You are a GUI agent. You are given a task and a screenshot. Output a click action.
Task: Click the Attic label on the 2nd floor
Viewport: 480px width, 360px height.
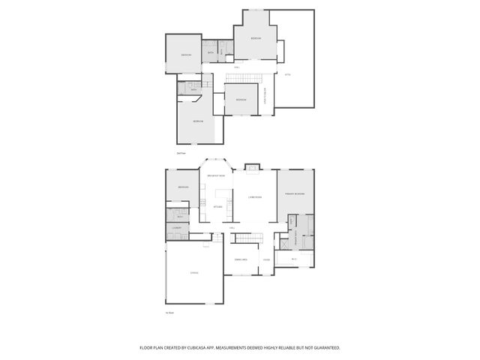287,74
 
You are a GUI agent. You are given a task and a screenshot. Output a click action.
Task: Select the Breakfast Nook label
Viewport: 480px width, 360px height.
216,175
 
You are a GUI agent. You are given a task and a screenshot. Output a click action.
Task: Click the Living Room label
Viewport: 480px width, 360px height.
254,197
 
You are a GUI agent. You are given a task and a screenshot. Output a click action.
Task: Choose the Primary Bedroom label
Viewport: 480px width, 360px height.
294,194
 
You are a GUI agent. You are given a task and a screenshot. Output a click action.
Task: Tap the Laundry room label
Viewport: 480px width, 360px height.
177,226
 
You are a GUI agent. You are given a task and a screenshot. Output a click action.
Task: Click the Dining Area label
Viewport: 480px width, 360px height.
240,259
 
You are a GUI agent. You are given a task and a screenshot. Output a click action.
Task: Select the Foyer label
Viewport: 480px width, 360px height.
265,260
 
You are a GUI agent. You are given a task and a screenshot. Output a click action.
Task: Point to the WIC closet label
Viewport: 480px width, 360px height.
293,259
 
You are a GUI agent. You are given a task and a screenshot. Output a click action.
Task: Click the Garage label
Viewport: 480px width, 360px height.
193,272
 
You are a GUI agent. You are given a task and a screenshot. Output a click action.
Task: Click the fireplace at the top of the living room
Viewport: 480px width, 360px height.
253,166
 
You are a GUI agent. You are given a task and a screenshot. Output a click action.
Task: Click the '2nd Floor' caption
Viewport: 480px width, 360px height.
181,153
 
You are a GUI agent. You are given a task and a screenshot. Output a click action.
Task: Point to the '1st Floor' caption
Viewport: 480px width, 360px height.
169,313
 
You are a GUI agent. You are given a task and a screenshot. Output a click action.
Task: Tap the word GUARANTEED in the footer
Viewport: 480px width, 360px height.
325,347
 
